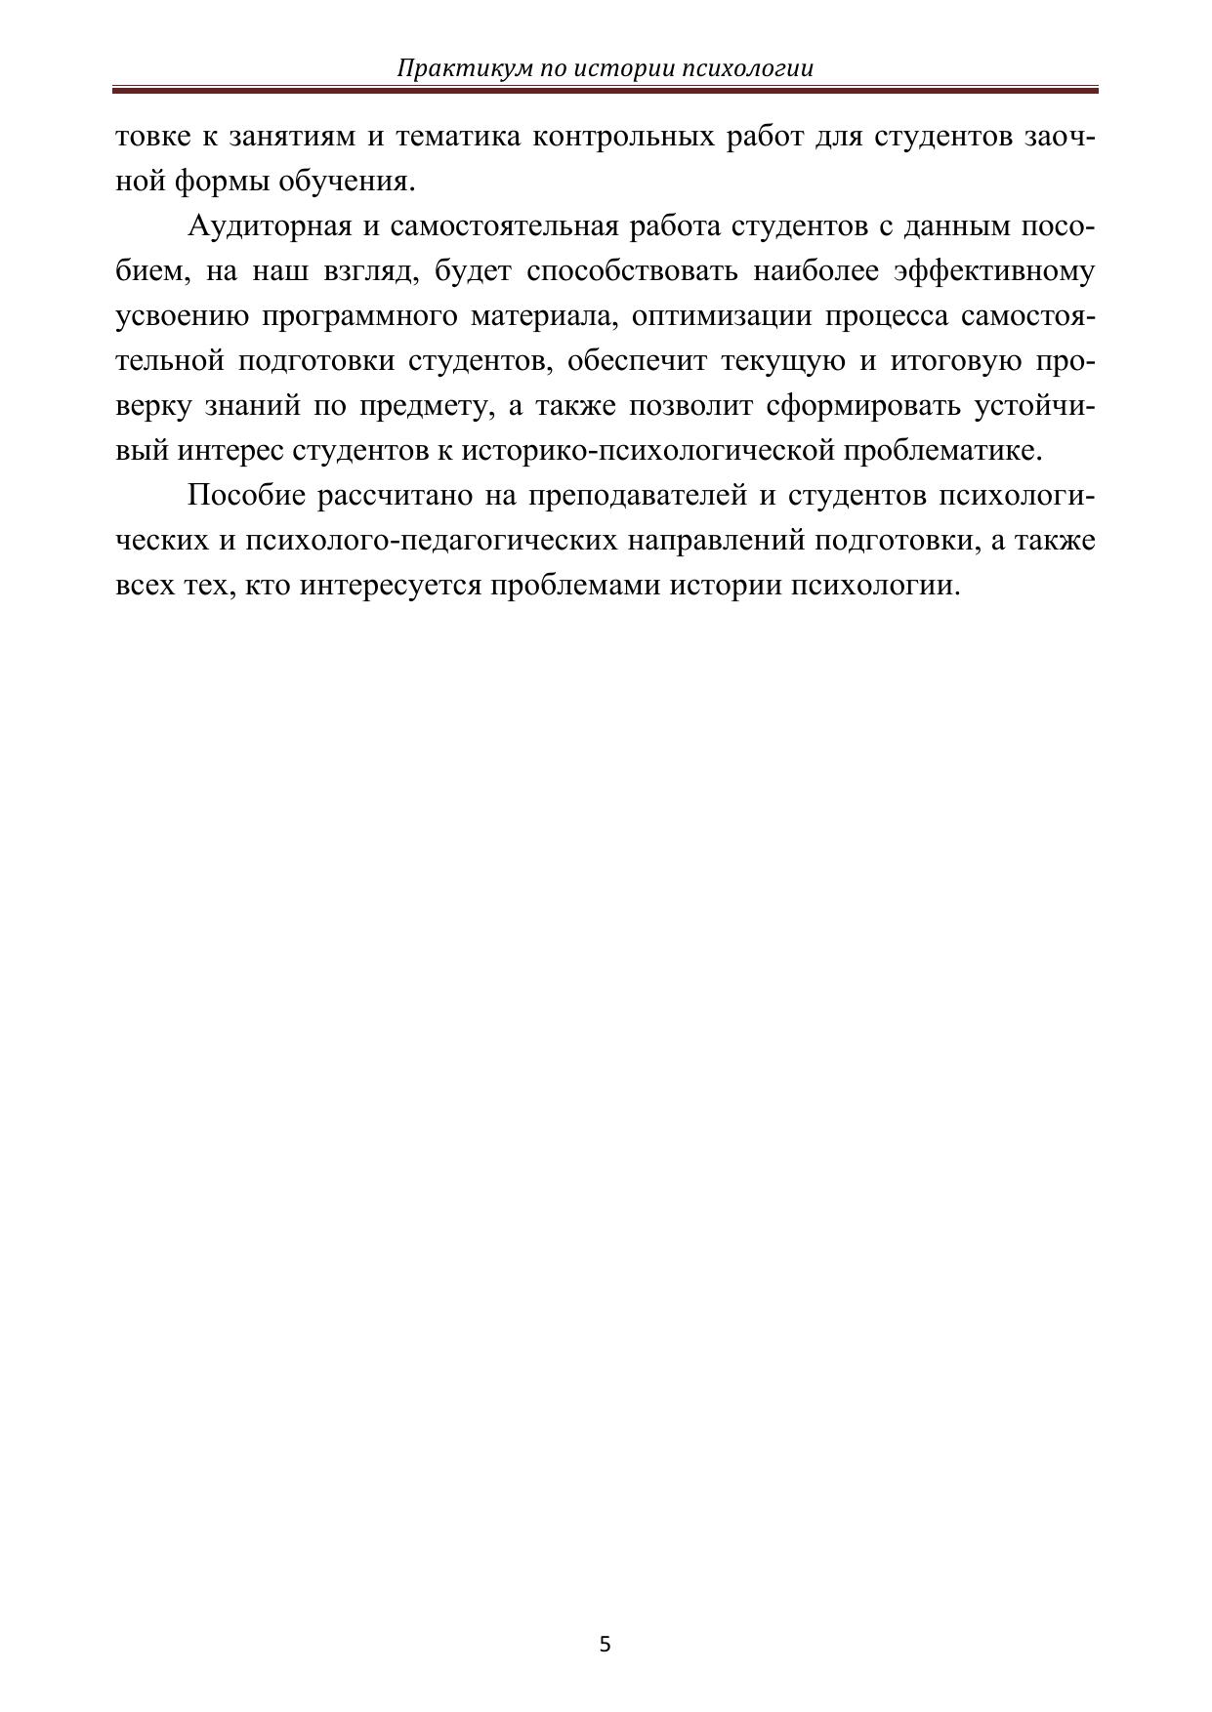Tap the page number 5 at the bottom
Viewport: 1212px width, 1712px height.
pyautogui.click(x=605, y=1644)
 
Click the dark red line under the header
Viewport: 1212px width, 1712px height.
pyautogui.click(x=606, y=90)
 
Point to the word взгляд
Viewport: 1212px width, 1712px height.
pyautogui.click(x=364, y=271)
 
